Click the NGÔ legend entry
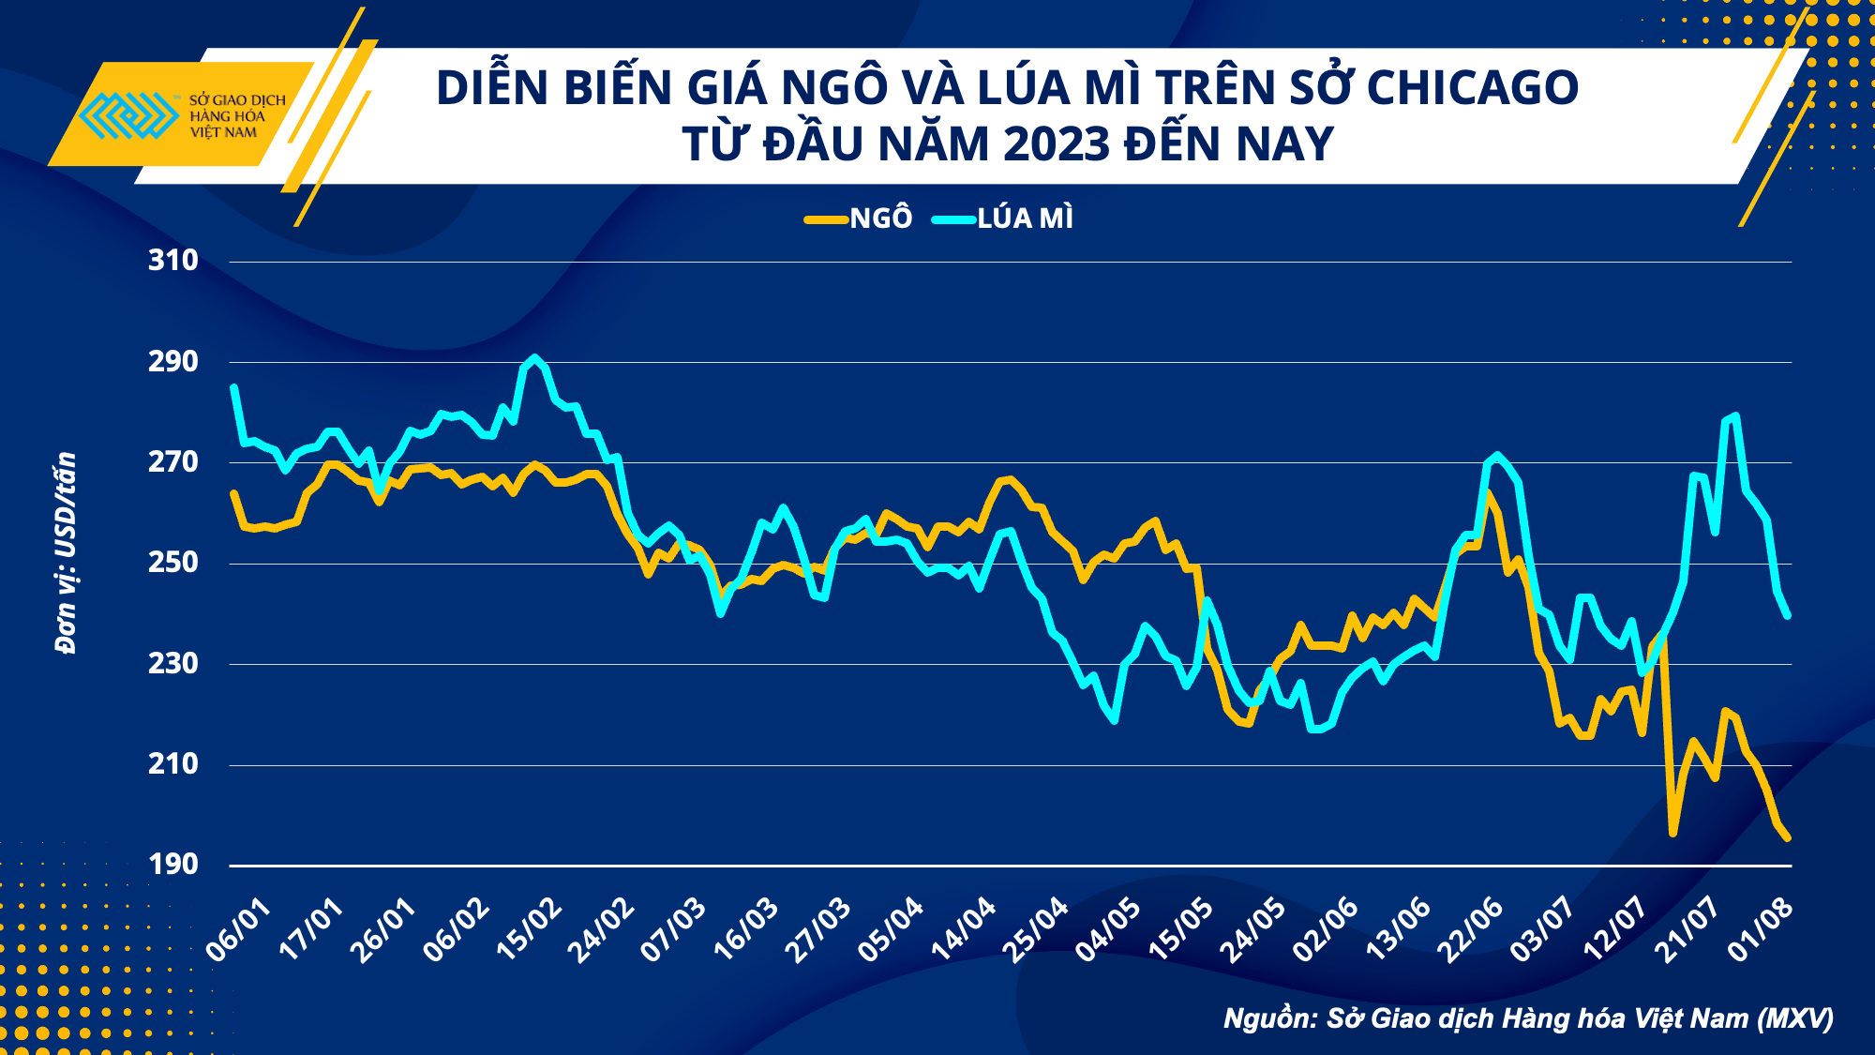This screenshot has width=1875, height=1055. (x=859, y=219)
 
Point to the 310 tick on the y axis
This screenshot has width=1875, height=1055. (x=173, y=260)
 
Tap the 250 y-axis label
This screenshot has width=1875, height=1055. (x=173, y=562)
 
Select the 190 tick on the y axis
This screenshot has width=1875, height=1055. (x=173, y=864)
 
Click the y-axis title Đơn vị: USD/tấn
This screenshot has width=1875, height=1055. (x=66, y=553)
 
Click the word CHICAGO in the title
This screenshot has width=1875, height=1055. (x=1472, y=87)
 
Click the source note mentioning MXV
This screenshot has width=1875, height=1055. (x=1528, y=1018)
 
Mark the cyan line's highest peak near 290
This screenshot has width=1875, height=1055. (x=534, y=357)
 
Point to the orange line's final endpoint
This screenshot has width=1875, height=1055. (x=1788, y=838)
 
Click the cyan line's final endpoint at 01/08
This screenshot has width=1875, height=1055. (x=1788, y=616)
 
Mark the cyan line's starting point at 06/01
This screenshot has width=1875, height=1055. (x=233, y=387)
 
